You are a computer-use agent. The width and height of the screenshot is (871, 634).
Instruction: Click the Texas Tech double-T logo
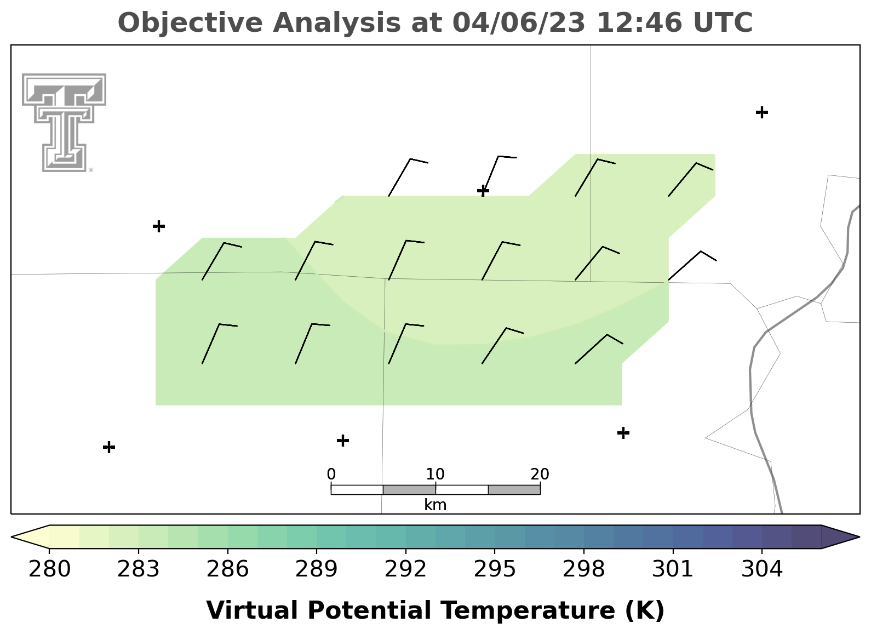(64, 123)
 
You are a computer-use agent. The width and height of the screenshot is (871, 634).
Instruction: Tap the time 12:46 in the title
(639, 22)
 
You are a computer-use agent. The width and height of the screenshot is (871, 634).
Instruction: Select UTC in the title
(723, 22)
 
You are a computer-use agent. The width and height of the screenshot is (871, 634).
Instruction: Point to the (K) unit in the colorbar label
(645, 610)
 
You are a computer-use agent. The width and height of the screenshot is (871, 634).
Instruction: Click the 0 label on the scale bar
(331, 474)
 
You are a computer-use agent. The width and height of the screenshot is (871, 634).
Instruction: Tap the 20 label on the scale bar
(540, 474)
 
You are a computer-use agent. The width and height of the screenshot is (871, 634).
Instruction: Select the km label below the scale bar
(435, 505)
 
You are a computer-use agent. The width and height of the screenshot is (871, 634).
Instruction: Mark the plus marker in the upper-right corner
(762, 112)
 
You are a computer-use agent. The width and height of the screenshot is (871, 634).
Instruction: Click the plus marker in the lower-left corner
(109, 447)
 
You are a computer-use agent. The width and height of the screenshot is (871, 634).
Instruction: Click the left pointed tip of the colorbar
(12, 537)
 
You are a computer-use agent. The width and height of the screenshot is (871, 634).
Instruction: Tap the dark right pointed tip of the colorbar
(859, 537)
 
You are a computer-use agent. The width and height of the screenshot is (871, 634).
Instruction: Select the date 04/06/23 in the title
(519, 22)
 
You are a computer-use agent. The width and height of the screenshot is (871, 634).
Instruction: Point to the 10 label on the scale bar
(435, 474)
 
